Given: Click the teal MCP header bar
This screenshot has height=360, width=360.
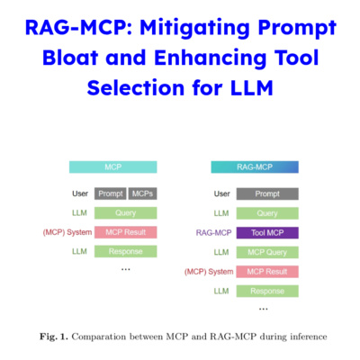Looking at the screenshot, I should click(113, 166).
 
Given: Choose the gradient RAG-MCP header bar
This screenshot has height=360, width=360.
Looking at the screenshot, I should click(255, 166).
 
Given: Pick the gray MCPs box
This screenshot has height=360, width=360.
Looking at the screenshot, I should click(142, 193).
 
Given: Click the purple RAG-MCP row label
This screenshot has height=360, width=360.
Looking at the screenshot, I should click(214, 232).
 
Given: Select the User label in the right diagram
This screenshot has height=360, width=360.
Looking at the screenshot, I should click(221, 193).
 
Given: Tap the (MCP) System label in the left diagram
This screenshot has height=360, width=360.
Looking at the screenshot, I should click(67, 232).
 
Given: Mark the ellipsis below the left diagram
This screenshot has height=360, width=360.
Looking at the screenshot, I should click(125, 269).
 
